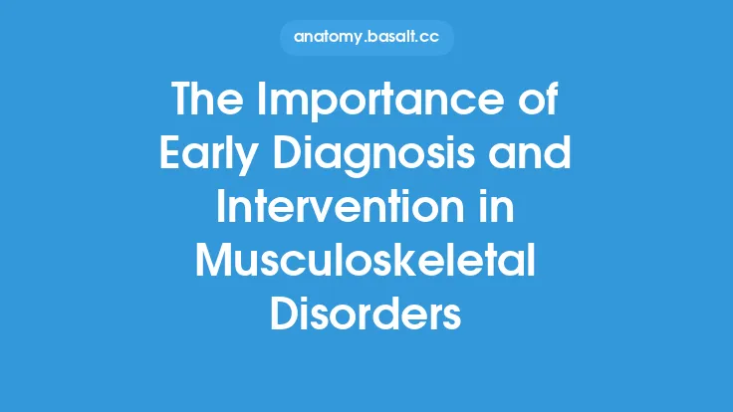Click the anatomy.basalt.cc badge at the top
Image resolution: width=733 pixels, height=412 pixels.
[x=366, y=39]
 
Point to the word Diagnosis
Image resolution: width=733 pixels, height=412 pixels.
[x=380, y=157]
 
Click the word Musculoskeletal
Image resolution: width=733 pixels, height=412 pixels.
[x=366, y=263]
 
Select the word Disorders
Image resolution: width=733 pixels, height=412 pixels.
[x=366, y=315]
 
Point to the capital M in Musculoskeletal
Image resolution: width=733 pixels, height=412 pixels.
[x=215, y=263]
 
